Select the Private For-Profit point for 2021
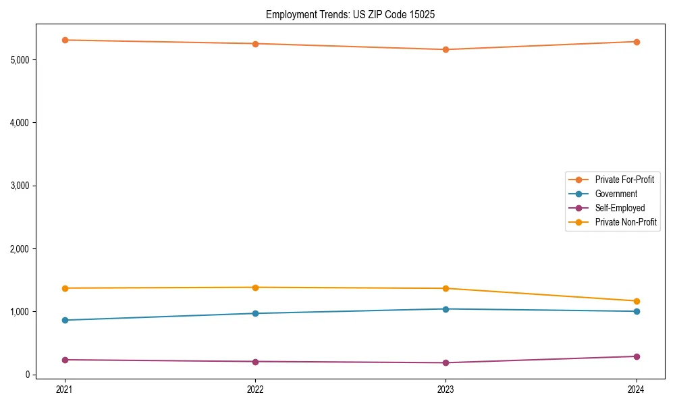pyautogui.click(x=65, y=40)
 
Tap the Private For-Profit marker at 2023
pyautogui.click(x=446, y=49)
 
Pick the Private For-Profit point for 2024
pyautogui.click(x=637, y=42)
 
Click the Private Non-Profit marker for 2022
pyautogui.click(x=255, y=288)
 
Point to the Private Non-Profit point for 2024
pyautogui.click(x=637, y=301)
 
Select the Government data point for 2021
pyautogui.click(x=65, y=320)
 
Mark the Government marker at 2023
pyautogui.click(x=446, y=309)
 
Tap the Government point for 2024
pyautogui.click(x=637, y=311)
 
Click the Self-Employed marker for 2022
pyautogui.click(x=255, y=362)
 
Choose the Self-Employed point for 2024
pyautogui.click(x=637, y=356)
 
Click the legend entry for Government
pyautogui.click(x=616, y=194)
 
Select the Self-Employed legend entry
pyautogui.click(x=620, y=208)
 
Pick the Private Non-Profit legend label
pyautogui.click(x=626, y=222)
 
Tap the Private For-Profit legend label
pyautogui.click(x=624, y=180)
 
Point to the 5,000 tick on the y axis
pyautogui.click(x=20, y=60)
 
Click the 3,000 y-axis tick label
pyautogui.click(x=20, y=186)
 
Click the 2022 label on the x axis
pyautogui.click(x=255, y=389)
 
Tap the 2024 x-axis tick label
pyautogui.click(x=637, y=389)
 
